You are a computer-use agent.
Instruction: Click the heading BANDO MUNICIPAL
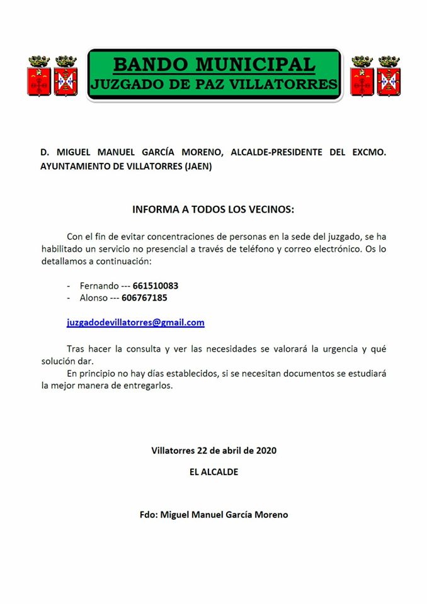[x=214, y=64]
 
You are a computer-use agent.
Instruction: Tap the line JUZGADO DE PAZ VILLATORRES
[x=214, y=84]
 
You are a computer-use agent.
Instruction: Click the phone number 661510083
[x=156, y=286]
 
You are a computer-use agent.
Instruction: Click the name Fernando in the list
[x=99, y=286]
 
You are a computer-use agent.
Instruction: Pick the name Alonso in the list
[x=93, y=298]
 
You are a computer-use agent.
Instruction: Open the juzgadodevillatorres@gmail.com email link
[x=135, y=322]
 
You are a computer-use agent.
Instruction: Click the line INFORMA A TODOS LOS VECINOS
[x=214, y=209]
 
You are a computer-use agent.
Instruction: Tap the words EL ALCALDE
[x=214, y=471]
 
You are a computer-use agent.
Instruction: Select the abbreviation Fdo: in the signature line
[x=149, y=514]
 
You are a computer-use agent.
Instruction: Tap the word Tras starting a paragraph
[x=77, y=348]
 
